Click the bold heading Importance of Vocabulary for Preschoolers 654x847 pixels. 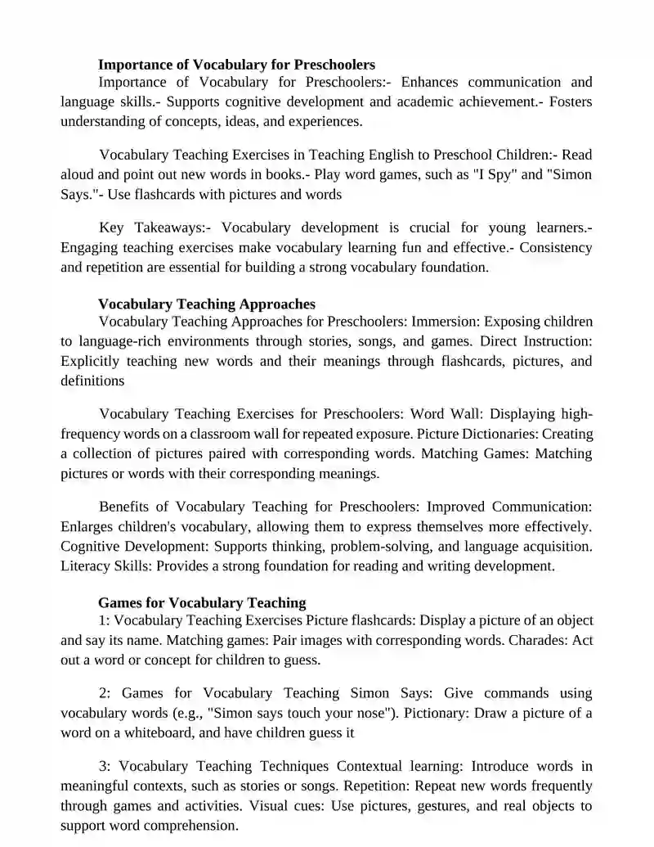236,64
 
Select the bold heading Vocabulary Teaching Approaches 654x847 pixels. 206,304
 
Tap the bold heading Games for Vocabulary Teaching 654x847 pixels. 202,603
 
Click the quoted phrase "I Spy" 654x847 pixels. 498,174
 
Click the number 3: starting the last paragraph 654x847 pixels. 105,767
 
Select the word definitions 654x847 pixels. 92,381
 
